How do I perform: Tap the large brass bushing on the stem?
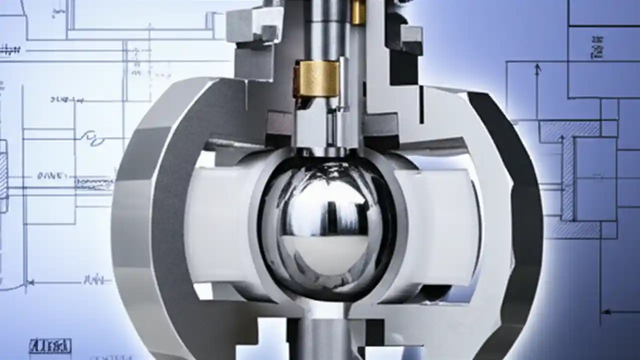316,78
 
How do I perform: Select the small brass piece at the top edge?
358,12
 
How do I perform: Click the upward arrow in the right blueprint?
537,70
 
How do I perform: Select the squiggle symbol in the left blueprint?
92,137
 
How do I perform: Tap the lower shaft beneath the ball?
325,340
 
